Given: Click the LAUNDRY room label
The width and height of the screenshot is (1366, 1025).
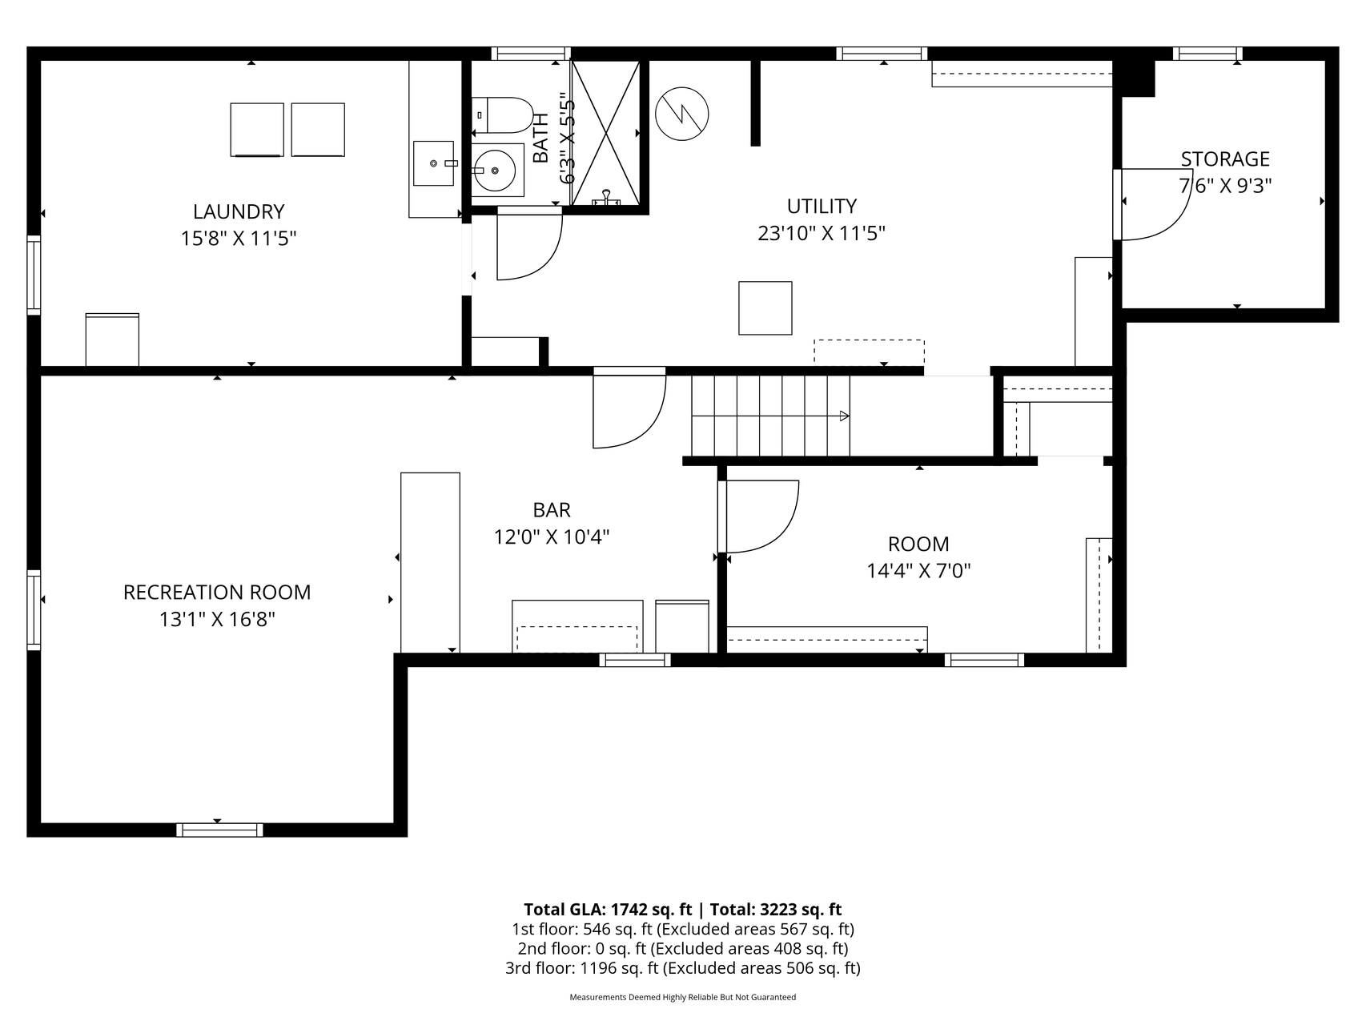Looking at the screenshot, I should point(239,211).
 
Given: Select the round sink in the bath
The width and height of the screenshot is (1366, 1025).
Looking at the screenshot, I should point(496,170).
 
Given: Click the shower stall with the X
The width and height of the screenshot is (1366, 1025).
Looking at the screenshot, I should point(605,132).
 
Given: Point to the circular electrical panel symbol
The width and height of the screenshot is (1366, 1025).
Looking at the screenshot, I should point(681,114).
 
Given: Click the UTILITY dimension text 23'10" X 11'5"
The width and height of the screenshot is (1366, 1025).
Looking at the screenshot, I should point(821,233).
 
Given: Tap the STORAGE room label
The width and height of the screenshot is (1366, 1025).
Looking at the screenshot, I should point(1224,159).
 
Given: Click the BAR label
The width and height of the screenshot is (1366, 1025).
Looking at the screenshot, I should point(552,509).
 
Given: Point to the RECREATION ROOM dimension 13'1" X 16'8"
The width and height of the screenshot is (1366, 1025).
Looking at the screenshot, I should point(217,619).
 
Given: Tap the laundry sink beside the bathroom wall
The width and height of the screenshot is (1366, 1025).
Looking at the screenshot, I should point(433,164).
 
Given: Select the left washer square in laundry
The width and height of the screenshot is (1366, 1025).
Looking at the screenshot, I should point(257,130).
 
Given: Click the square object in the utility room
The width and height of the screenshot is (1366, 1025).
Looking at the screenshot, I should point(765,307).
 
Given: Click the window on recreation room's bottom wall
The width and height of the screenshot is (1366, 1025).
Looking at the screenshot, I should point(219,830).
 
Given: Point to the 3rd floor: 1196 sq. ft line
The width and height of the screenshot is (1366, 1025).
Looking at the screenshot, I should point(682,968).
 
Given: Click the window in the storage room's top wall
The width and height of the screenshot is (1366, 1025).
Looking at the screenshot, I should point(1207,54).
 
